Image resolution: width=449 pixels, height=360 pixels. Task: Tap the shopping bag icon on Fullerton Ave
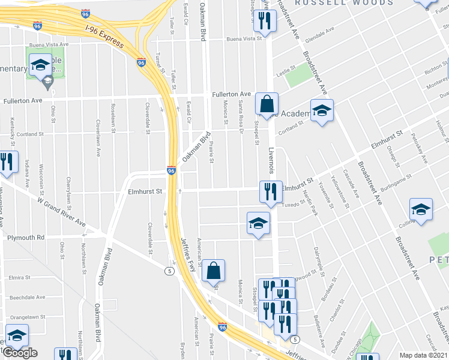click(x=266, y=103)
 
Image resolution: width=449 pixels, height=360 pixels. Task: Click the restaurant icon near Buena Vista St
click(x=264, y=21)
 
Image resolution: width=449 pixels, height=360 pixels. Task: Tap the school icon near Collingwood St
click(x=421, y=211)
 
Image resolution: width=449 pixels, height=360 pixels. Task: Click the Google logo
click(x=20, y=353)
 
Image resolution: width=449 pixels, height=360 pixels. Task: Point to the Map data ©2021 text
click(x=424, y=355)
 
